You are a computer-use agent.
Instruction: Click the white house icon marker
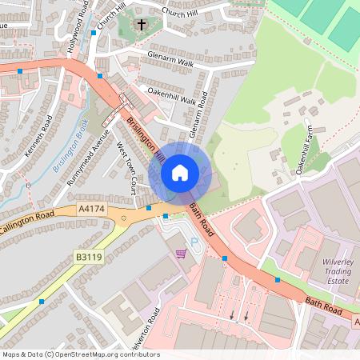tap(179, 172)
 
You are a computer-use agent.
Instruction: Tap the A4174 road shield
tap(92, 209)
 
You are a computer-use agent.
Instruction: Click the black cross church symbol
tap(142, 25)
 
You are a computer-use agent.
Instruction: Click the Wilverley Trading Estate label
tap(325, 270)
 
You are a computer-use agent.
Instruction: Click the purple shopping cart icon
tap(182, 254)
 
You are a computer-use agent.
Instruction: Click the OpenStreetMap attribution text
tap(80, 354)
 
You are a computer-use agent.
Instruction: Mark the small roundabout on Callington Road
tap(123, 217)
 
